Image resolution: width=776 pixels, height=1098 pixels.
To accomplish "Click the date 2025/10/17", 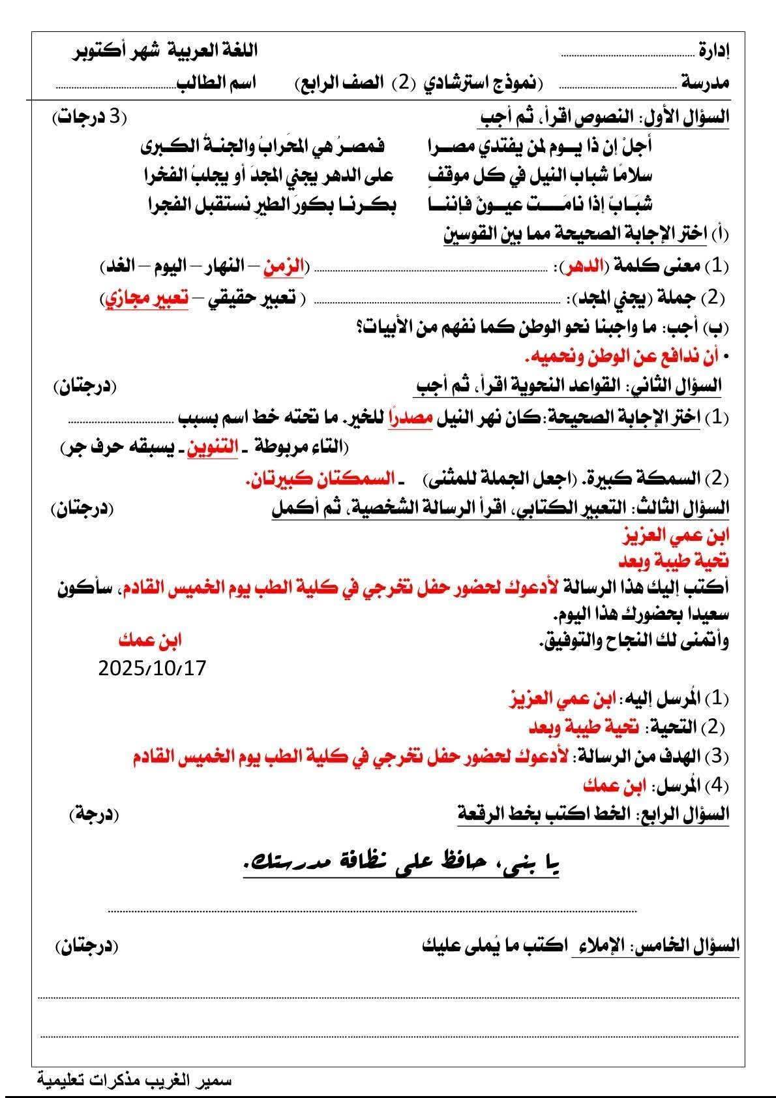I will pos(152,668).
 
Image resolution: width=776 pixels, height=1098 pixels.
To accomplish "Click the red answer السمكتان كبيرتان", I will pos(321,480).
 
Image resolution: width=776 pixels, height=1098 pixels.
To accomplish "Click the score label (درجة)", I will pos(94,814).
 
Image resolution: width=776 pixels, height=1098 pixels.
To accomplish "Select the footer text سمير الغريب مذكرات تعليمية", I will pos(134,1080).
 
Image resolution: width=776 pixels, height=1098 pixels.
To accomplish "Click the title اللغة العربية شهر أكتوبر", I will pos(165,50).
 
